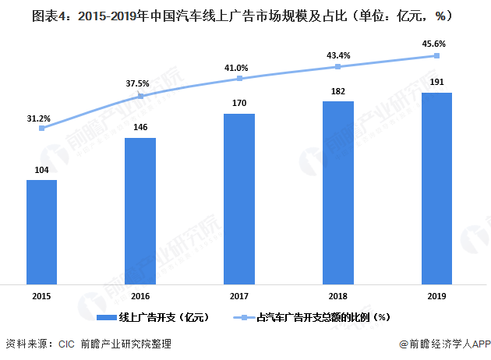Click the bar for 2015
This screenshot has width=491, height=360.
point(41,232)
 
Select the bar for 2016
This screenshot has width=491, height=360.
point(140,211)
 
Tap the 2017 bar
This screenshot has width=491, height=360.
point(239,199)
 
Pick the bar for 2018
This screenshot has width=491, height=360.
point(338,193)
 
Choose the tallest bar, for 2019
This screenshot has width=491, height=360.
point(436,189)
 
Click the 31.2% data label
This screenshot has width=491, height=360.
point(38,118)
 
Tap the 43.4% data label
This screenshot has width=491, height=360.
point(337,55)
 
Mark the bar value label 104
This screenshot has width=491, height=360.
point(41,169)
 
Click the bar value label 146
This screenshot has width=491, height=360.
point(140,127)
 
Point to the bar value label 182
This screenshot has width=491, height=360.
point(338,91)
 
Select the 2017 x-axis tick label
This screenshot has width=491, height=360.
point(239,295)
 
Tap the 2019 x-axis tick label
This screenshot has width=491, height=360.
point(436,295)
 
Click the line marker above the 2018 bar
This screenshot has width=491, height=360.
point(338,67)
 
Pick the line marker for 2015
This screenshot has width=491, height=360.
point(41,129)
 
